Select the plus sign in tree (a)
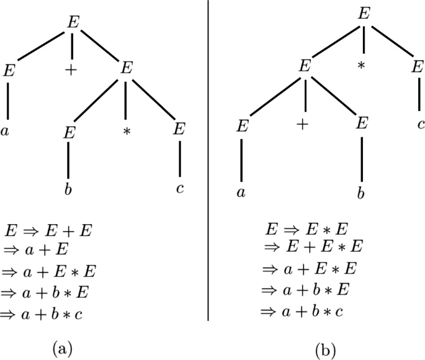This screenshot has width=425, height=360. pos(71,71)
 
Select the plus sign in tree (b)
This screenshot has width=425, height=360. pos(303,124)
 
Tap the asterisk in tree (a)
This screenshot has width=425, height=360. pos(127,132)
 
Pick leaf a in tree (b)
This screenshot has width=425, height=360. pos(242,192)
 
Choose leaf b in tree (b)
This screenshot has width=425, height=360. pos(360,192)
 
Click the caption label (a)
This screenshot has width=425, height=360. pos(63,347)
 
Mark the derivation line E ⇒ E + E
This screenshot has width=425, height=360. pos(49,232)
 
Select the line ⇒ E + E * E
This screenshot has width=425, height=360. pos(313,248)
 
